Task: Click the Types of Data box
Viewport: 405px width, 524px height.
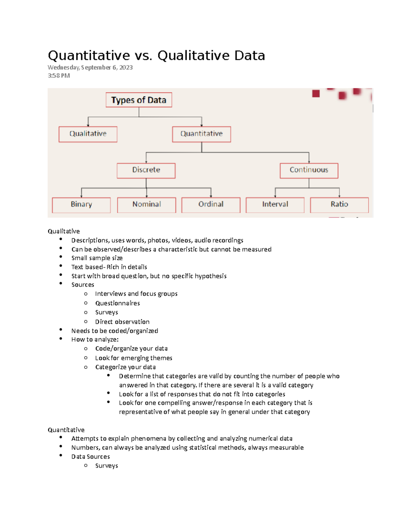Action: tap(139, 100)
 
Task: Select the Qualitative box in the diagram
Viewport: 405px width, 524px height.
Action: tap(88, 134)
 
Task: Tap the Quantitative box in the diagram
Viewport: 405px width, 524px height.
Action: tap(201, 134)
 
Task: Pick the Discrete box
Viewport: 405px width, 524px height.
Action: tap(146, 170)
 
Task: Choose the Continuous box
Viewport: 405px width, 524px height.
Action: tap(309, 170)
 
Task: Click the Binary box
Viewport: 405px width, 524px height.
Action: tap(81, 205)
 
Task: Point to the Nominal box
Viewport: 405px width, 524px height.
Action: tap(146, 205)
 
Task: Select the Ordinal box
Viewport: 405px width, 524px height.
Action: tap(211, 205)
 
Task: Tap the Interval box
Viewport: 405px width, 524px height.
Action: tap(275, 205)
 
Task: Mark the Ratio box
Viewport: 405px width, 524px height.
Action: tap(339, 205)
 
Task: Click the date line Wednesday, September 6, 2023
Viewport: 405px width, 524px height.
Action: tap(90, 67)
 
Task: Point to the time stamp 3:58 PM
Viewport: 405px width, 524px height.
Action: tap(59, 76)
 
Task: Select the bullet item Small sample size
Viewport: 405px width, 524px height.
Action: tap(97, 258)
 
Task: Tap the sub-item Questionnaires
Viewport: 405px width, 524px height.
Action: tap(117, 303)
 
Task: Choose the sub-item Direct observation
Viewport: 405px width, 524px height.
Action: tap(122, 322)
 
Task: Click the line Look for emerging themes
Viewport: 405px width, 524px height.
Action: tap(134, 358)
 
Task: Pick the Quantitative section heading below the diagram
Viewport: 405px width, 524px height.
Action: tap(66, 430)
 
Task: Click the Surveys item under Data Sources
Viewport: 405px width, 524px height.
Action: tap(107, 466)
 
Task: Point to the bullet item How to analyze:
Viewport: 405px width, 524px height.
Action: tap(95, 339)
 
